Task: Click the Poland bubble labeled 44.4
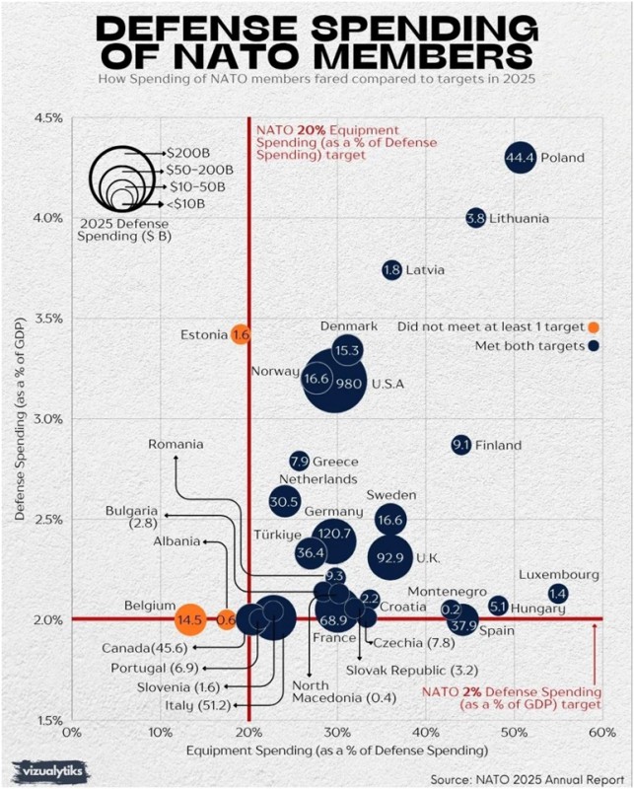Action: point(520,158)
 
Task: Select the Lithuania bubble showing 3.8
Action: point(476,218)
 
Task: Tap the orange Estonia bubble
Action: point(241,335)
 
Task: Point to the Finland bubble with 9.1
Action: point(460,446)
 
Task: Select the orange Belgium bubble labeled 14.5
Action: point(190,619)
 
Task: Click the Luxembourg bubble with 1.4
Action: point(558,594)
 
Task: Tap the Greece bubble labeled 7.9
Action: point(300,461)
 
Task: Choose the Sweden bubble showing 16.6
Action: point(390,520)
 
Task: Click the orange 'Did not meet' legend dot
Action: point(593,326)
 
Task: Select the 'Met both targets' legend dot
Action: point(593,345)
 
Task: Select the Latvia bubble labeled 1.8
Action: point(391,269)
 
